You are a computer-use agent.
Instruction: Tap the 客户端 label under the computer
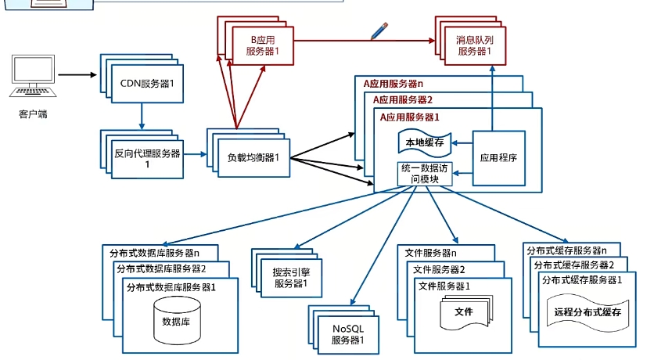tap(33, 114)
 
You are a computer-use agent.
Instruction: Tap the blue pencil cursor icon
tap(379, 31)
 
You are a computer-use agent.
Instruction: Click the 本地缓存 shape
tap(422, 143)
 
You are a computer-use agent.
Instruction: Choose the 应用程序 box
tap(501, 157)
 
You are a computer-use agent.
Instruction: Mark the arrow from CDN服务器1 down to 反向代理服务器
tap(142, 116)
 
